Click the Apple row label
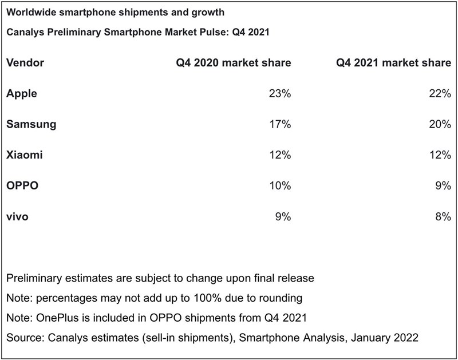[22, 93]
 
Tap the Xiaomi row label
[25, 155]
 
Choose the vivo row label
[18, 217]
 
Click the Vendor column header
[25, 62]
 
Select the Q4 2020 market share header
[233, 62]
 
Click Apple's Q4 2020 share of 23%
[280, 93]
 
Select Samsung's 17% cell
[280, 124]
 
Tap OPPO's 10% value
[280, 186]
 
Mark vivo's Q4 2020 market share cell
[283, 217]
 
